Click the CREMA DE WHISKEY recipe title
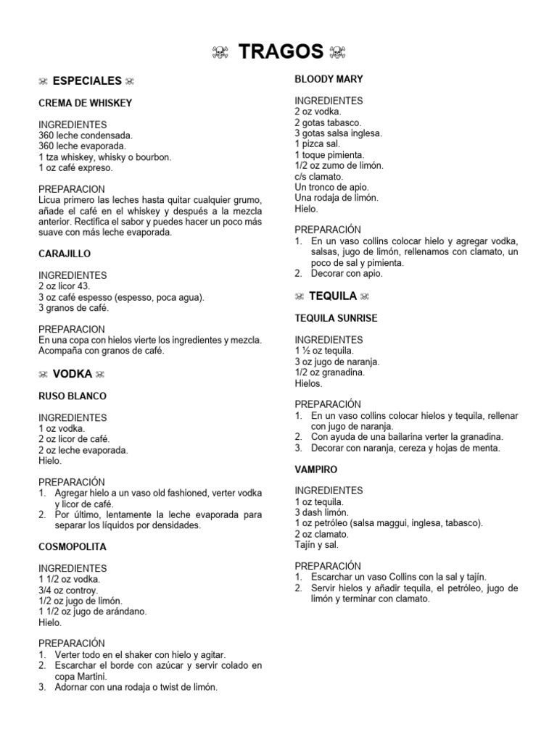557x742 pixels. click(x=85, y=103)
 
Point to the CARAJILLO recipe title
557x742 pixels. click(x=65, y=254)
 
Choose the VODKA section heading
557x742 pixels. click(x=73, y=374)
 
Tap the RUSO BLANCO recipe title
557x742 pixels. click(x=73, y=396)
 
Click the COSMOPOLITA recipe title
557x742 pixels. click(x=73, y=547)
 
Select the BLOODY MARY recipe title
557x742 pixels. click(x=329, y=79)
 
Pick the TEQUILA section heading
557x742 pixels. click(x=333, y=296)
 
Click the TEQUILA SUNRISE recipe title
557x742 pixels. click(x=336, y=318)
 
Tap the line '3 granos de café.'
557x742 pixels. click(x=73, y=308)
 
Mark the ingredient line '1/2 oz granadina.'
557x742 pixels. click(x=329, y=372)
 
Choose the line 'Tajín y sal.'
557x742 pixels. click(x=316, y=544)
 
